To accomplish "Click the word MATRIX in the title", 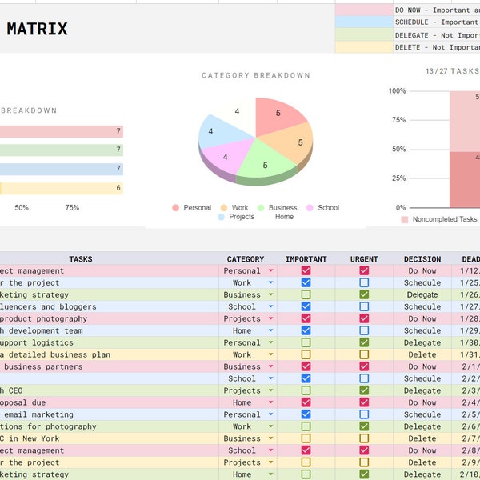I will pyautogui.click(x=37, y=30).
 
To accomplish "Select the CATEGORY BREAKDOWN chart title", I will pyautogui.click(x=256, y=76).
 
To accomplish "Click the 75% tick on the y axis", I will pyautogui.click(x=398, y=120).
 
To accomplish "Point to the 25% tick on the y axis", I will pyautogui.click(x=398, y=178).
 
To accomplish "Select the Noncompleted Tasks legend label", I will pyautogui.click(x=444, y=219).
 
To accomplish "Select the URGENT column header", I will pyautogui.click(x=364, y=259).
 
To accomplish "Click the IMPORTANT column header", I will pyautogui.click(x=306, y=259).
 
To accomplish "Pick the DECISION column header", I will pyautogui.click(x=422, y=259).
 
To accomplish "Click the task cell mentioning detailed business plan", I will pyautogui.click(x=56, y=354).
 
